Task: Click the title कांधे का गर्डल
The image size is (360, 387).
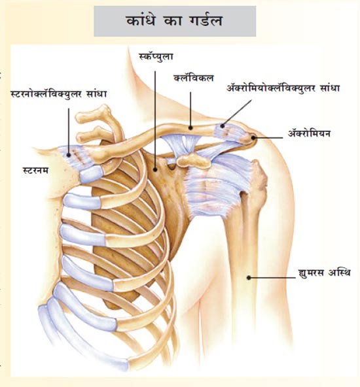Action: (x=175, y=21)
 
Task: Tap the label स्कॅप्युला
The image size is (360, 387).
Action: (x=156, y=57)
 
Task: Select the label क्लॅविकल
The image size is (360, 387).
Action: (x=194, y=78)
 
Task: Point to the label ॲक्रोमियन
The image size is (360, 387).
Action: (x=309, y=133)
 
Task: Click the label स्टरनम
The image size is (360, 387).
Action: (x=35, y=171)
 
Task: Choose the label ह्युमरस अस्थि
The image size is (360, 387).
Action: (x=325, y=273)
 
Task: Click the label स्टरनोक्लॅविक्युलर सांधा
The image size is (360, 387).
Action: (x=59, y=94)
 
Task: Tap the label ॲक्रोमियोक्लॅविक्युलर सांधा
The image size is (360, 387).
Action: (x=283, y=88)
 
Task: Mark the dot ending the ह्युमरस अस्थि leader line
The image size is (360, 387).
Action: (x=249, y=278)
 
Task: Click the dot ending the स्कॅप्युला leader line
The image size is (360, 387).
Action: (x=155, y=169)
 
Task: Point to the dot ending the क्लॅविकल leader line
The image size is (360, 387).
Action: (x=190, y=128)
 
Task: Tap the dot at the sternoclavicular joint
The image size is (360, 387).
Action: (x=69, y=155)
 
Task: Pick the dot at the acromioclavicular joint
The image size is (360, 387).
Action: (x=223, y=126)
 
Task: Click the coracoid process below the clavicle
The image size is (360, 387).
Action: (x=194, y=160)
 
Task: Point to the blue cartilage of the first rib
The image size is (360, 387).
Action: (x=92, y=174)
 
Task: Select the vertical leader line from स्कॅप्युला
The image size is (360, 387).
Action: (x=155, y=120)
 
